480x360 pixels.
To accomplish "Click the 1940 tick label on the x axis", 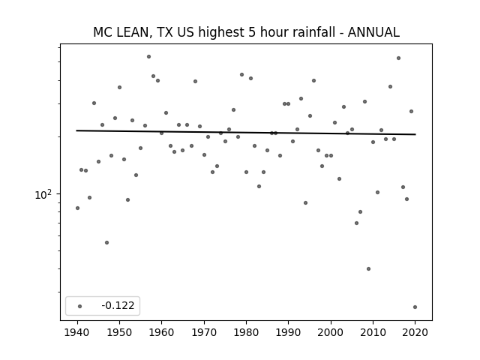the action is tap(77, 332).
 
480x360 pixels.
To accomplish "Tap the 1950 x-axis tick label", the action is tap(120, 332).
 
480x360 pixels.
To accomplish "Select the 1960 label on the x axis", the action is tap(162, 332).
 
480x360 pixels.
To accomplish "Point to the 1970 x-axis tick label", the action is tap(204, 332).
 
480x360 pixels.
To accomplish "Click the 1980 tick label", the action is tap(247, 332).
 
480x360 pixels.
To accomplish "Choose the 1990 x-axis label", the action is tap(288, 332).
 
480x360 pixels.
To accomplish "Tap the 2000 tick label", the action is tap(331, 332).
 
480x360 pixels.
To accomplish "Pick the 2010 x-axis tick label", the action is tap(373, 332).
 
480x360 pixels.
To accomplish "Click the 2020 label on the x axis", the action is tap(415, 332).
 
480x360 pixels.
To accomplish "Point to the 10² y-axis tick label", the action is tap(43, 195).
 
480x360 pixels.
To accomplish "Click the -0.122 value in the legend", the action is tap(118, 305).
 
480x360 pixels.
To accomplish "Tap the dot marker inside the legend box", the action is tap(80, 306).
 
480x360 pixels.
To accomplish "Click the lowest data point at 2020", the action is tap(415, 307).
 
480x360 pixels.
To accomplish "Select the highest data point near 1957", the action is tap(148, 57).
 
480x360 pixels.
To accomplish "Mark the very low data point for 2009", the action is tap(368, 268).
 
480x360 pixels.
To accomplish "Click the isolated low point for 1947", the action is tap(106, 242).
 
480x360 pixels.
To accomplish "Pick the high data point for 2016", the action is tap(398, 58).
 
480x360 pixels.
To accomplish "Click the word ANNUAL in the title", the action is tap(373, 32).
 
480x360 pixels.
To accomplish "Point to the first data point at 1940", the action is tap(77, 208).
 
